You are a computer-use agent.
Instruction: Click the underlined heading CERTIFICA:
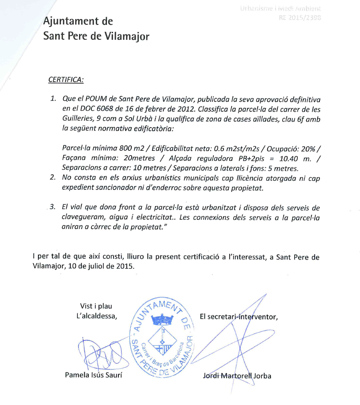pyautogui.click(x=65, y=80)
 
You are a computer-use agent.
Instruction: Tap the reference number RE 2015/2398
pyautogui.click(x=299, y=18)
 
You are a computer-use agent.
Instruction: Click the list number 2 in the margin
pyautogui.click(x=53, y=178)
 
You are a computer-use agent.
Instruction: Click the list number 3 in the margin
pyautogui.click(x=53, y=207)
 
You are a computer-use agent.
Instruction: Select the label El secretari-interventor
pyautogui.click(x=239, y=316)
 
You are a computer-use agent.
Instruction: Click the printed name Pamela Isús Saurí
pyautogui.click(x=93, y=375)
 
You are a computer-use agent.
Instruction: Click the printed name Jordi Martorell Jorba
pyautogui.click(x=237, y=376)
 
